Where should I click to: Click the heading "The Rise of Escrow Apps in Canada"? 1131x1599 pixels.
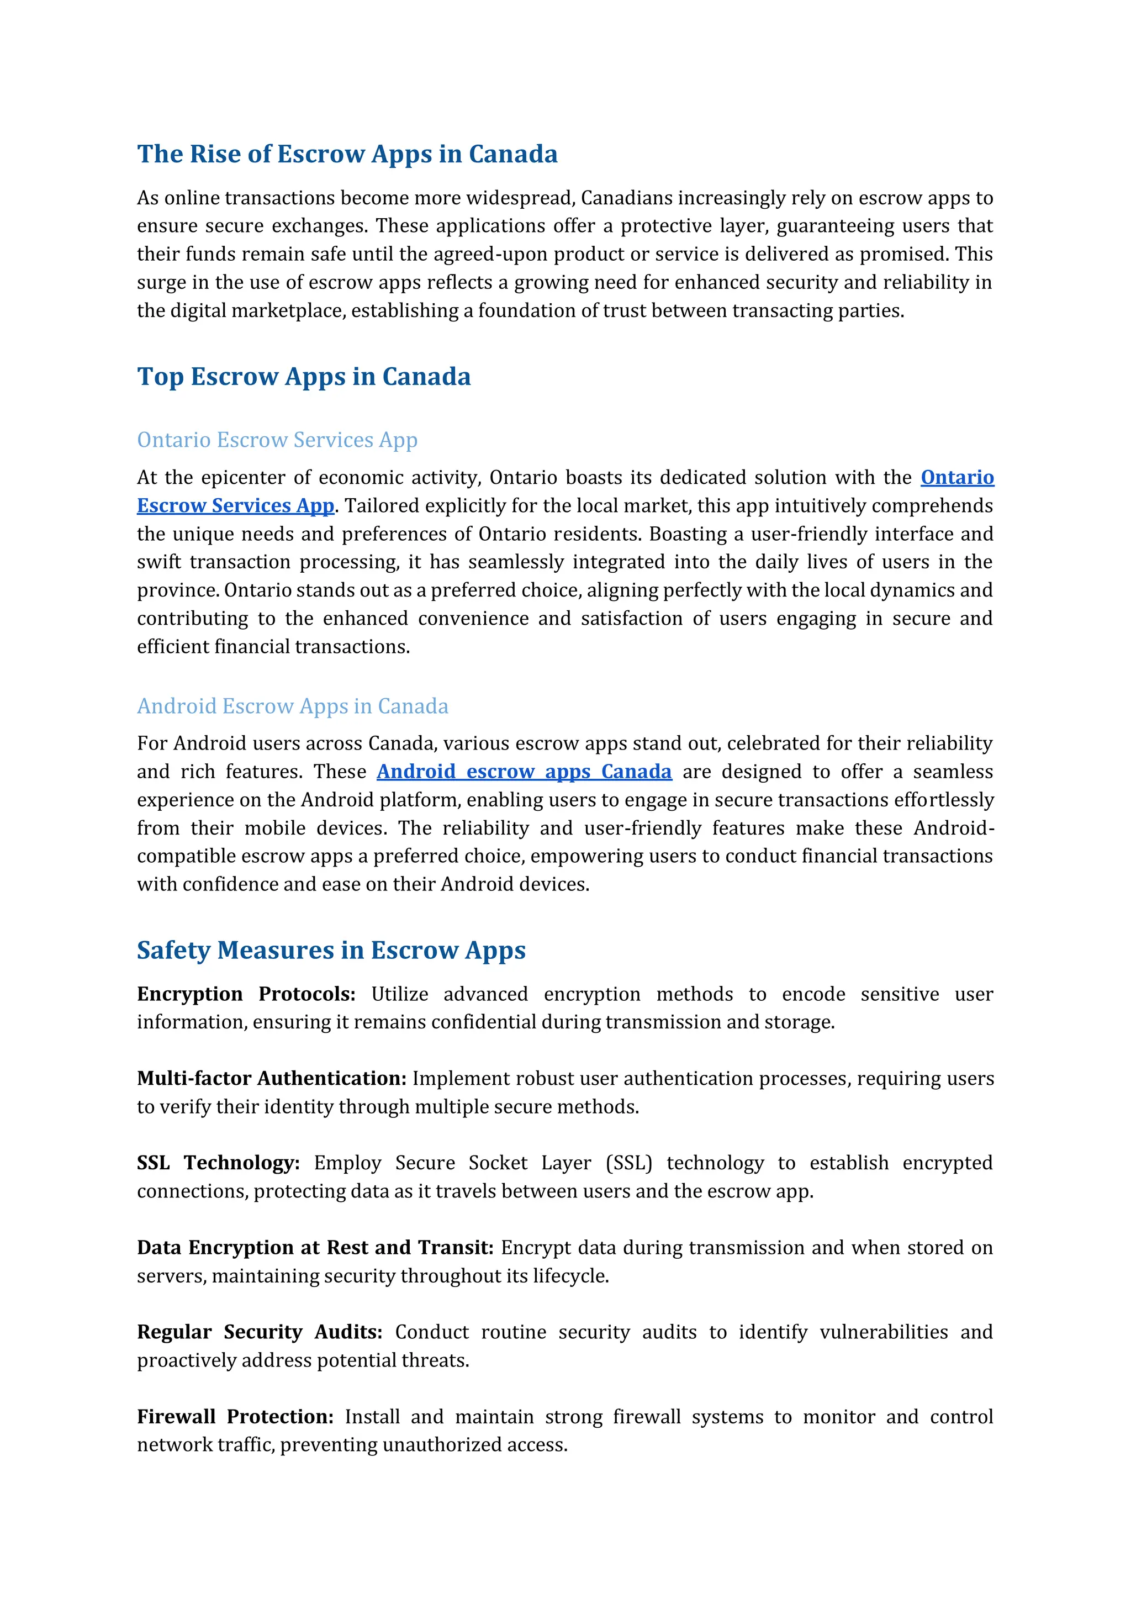coord(347,154)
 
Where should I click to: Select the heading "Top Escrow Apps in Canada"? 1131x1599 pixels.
coord(304,376)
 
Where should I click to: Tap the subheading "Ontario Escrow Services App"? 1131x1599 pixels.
coord(277,440)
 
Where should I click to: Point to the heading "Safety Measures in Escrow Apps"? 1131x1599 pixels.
coord(331,950)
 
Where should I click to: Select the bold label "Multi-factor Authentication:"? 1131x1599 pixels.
coord(272,1078)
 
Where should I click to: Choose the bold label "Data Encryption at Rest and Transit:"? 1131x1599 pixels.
coord(315,1247)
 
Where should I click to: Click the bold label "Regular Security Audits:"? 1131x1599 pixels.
coord(260,1332)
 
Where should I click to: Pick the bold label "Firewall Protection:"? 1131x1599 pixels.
coord(235,1417)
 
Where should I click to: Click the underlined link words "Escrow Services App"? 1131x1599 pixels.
coord(235,505)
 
